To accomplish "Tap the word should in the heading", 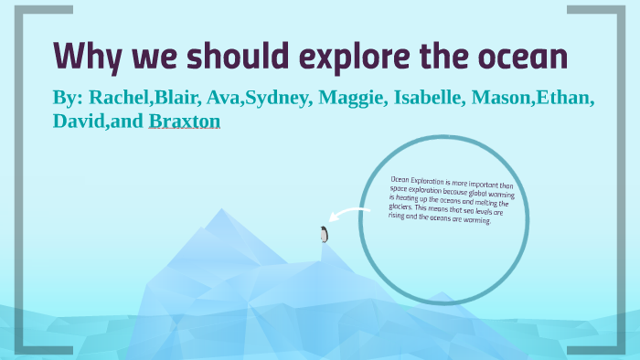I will click(x=230, y=56).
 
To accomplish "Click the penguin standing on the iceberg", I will click(x=323, y=235).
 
